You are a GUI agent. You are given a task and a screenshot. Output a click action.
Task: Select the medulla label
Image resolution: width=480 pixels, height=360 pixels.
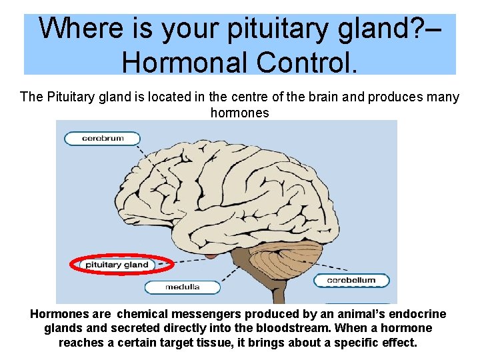181,287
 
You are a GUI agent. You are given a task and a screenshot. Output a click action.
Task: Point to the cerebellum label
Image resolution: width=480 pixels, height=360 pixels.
351,281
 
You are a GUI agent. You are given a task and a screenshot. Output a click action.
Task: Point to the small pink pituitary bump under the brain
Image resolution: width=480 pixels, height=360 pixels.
212,253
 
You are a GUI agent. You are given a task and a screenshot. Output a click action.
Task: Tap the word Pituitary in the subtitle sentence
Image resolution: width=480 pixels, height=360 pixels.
68,97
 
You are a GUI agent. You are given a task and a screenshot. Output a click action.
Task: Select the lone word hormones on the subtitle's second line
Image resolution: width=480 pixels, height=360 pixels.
239,113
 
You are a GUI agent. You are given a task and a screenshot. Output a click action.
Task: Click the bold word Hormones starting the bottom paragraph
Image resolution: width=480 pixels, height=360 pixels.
60,313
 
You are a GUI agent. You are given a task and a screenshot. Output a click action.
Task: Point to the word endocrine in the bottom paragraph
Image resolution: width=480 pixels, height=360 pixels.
419,313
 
